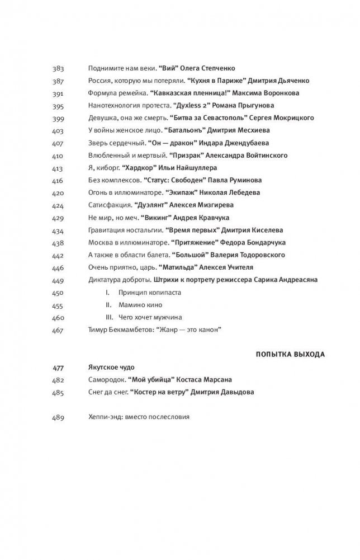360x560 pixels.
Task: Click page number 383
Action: pos(58,68)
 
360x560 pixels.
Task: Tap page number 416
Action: pos(58,180)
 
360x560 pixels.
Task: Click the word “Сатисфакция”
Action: pos(109,205)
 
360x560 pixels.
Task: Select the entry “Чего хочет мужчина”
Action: pos(150,318)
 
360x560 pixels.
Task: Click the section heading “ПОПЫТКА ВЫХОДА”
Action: pos(291,354)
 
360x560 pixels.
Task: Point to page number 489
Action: pos(58,417)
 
